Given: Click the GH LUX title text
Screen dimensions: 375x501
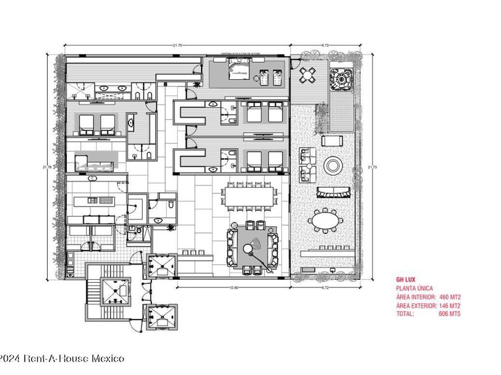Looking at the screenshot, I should click(407, 279).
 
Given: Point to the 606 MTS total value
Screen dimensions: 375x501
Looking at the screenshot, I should click(450, 313).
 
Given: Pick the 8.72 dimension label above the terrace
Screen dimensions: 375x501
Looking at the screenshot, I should click(326, 46).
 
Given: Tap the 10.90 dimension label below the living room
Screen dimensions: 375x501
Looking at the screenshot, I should click(234, 287).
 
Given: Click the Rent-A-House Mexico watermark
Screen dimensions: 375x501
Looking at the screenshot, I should click(62, 358).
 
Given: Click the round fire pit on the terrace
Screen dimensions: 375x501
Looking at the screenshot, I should click(332, 164).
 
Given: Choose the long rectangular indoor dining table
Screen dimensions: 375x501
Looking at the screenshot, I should click(250, 195).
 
